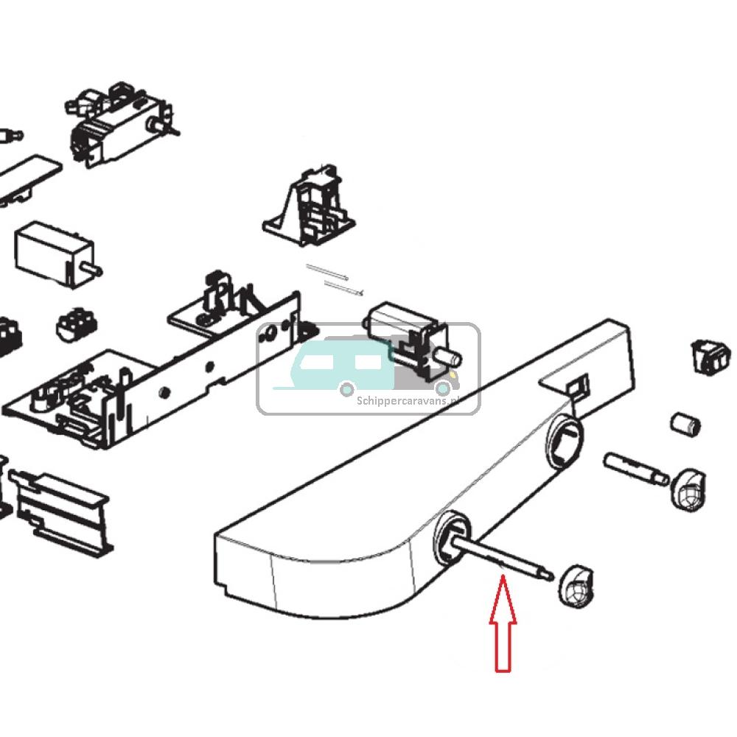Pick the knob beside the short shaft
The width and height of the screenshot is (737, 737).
[x=687, y=489]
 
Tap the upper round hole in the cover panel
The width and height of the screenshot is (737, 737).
[x=563, y=441]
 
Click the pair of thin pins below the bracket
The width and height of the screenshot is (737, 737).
[x=335, y=281]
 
